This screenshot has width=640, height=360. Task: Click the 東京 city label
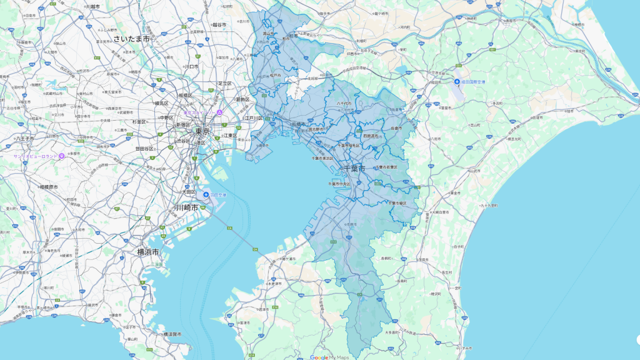tap(201, 132)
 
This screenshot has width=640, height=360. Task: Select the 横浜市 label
tap(147, 252)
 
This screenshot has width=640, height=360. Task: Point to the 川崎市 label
tap(186, 207)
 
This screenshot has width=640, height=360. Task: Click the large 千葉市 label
tap(356, 169)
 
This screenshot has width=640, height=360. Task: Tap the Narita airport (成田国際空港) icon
tap(457, 82)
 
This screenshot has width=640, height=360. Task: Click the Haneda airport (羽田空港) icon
tap(206, 195)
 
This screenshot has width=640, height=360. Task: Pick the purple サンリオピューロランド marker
tap(61, 156)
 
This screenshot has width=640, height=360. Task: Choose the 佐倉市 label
tap(396, 127)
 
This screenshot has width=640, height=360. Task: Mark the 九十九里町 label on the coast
tap(491, 204)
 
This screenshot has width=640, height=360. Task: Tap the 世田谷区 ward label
tap(144, 149)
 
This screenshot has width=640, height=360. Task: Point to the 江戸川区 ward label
tap(252, 117)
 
